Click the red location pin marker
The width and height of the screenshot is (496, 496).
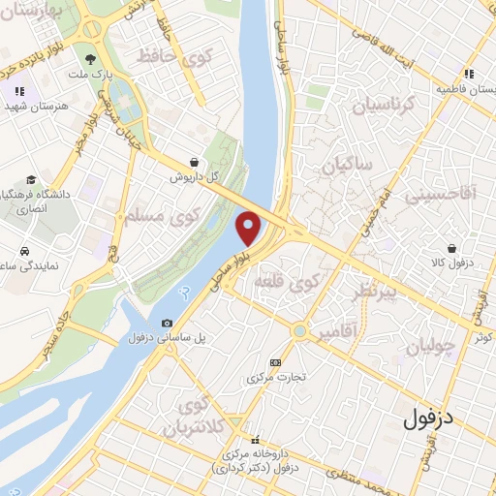(x=249, y=227)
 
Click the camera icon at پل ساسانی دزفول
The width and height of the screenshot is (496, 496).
(x=168, y=323)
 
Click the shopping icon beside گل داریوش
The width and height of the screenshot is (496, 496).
(x=197, y=163)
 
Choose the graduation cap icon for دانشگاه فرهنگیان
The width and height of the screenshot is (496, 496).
(x=32, y=180)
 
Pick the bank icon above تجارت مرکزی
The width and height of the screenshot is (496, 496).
(x=275, y=362)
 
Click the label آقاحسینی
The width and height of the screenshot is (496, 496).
(x=441, y=195)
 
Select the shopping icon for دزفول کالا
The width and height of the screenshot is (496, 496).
(x=451, y=247)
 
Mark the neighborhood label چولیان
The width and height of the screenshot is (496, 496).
(x=427, y=349)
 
